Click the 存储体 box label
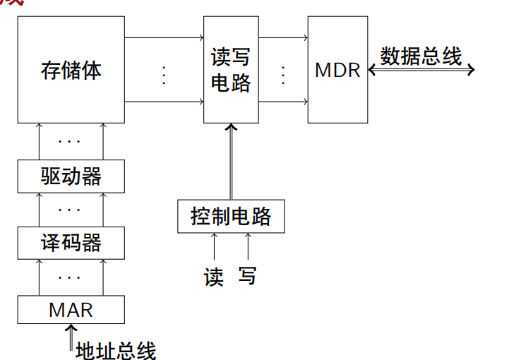71,71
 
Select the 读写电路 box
231,70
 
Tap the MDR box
337,70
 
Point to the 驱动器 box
71,176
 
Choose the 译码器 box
71,243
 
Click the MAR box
71,309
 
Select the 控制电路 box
231,216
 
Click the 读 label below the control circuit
214,276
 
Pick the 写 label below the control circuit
247,276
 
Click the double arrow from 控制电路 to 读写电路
231,162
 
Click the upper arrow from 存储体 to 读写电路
164,36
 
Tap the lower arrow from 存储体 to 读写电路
164,102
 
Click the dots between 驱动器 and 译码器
70,210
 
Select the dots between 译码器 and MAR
70,276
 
